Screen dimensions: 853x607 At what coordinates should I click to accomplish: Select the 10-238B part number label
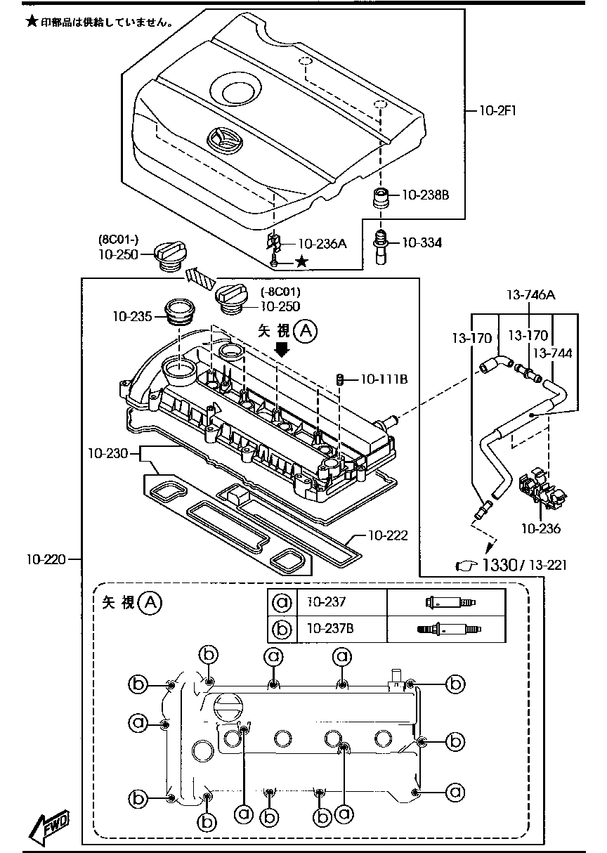(x=425, y=196)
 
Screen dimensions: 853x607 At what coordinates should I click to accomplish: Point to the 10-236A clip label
(x=322, y=244)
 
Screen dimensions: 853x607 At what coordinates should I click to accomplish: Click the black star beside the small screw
(x=301, y=261)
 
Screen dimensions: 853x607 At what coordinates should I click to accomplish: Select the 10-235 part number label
(x=132, y=317)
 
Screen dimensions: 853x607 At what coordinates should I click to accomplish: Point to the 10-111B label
(x=384, y=379)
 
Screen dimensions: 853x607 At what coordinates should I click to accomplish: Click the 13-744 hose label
(x=552, y=353)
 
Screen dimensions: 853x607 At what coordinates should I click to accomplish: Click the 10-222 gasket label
(x=388, y=535)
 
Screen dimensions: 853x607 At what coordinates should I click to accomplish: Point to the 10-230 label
(x=108, y=453)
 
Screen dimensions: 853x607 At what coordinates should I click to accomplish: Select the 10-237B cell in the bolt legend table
(x=330, y=628)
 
